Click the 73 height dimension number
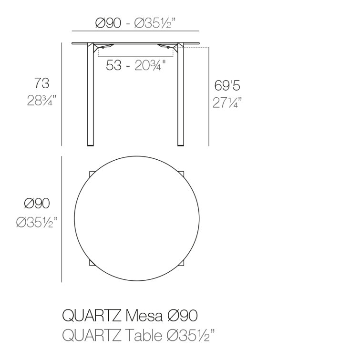pyautogui.click(x=42, y=83)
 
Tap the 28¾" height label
pyautogui.click(x=41, y=100)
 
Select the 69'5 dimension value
pyautogui.click(x=227, y=85)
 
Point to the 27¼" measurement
pyautogui.click(x=227, y=103)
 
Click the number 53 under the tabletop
pyautogui.click(x=113, y=65)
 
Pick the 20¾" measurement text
pyautogui.click(x=150, y=65)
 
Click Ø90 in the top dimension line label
pyautogui.click(x=108, y=23)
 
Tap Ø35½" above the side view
pyautogui.click(x=155, y=23)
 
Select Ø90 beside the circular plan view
pyautogui.click(x=37, y=204)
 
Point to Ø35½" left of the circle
pyautogui.click(x=37, y=222)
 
